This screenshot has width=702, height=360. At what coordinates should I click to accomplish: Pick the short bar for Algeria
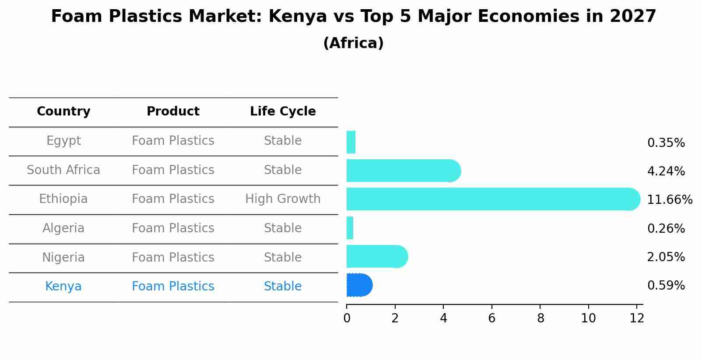point(350,228)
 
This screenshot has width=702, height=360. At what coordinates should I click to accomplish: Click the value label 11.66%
point(669,200)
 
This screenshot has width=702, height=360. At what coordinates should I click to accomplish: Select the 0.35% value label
point(666,143)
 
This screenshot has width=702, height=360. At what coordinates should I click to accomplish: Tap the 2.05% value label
point(666,257)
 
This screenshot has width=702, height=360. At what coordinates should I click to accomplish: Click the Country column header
point(63,112)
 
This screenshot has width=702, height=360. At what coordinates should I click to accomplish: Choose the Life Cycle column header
point(283,112)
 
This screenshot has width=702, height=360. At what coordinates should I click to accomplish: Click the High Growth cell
point(283,199)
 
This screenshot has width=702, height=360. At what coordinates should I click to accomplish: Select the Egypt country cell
point(63,141)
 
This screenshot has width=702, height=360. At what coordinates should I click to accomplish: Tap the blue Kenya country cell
point(63,287)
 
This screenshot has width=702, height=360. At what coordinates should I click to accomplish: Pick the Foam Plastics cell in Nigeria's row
point(173,257)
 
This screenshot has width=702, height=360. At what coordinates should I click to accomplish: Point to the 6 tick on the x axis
point(491,318)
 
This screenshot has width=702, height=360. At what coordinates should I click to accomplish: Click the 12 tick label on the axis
point(637,318)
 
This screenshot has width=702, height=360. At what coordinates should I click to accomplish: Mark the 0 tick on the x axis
point(347,318)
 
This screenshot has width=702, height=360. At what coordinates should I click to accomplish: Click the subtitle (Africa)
point(353,43)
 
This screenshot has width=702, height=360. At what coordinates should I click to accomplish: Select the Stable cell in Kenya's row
point(283,287)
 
